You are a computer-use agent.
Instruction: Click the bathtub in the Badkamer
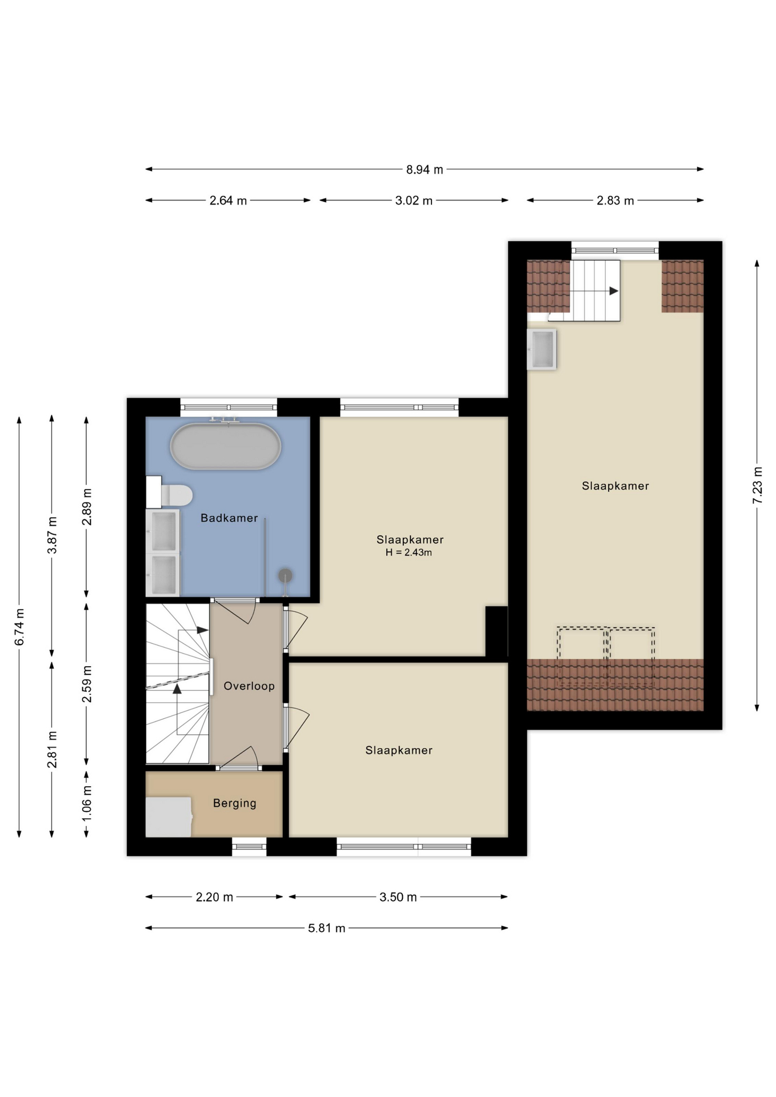point(226,446)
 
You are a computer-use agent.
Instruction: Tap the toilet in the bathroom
point(170,495)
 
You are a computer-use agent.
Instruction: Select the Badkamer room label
point(229,518)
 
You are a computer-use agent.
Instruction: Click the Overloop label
point(249,686)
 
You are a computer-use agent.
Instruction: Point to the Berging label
point(235,803)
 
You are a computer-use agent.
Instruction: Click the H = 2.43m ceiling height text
point(409,552)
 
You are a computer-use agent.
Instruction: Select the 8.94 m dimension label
point(425,170)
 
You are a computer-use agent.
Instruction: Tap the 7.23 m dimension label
point(758,485)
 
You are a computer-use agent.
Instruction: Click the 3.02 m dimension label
point(414,201)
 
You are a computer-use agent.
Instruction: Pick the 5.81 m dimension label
point(327,928)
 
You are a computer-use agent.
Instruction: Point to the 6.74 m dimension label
point(19,627)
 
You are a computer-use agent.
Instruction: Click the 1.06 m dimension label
point(86,803)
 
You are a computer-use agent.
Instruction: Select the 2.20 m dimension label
point(214,897)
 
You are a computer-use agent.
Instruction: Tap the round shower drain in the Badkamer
point(285,576)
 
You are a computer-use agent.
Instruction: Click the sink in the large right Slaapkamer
point(542,349)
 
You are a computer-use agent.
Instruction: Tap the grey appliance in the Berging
point(169,817)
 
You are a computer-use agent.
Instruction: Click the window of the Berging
point(249,846)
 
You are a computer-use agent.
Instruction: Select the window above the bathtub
point(229,407)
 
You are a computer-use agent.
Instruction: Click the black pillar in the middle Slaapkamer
point(497,631)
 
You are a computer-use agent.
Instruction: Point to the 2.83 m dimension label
point(615,201)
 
